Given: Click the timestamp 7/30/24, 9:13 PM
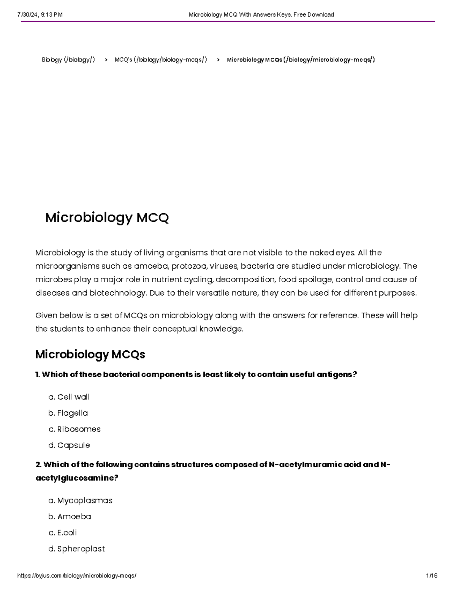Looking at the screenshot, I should click(40, 15).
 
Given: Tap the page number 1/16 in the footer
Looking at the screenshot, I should click(432, 576).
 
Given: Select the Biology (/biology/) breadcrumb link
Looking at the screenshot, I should click(68, 60).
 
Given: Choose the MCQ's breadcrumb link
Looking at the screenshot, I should click(161, 60).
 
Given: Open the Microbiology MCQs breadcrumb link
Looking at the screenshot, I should click(301, 60).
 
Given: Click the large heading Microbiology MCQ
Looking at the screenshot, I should click(107, 218).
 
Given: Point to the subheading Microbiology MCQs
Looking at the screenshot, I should click(90, 354).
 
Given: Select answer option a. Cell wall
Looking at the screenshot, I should click(69, 397).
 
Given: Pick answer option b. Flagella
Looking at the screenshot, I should click(68, 413).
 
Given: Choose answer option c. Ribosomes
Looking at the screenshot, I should click(74, 429).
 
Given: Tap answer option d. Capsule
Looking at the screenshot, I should click(69, 445).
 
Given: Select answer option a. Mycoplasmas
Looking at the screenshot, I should click(81, 501).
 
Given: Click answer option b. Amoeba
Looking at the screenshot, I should click(70, 517).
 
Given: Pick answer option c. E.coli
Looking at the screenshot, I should click(63, 533).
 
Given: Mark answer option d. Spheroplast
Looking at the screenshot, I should click(77, 549).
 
